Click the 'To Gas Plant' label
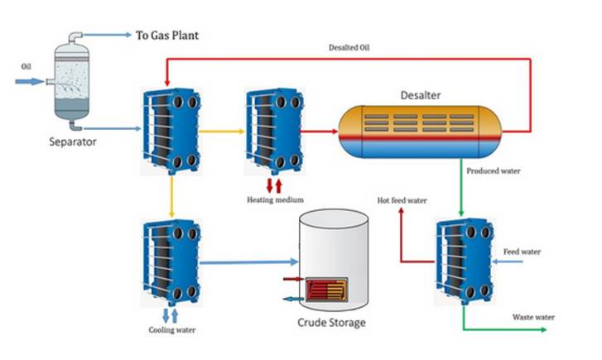167,36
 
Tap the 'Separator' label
73,142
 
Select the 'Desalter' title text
420,95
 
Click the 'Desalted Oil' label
348,48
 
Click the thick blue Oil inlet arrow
31,81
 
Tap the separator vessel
73,80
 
